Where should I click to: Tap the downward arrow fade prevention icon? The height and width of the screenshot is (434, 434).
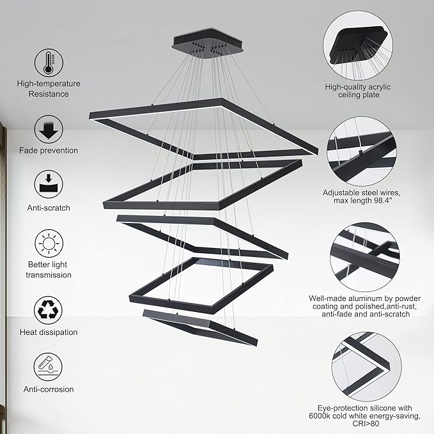tap(49, 128)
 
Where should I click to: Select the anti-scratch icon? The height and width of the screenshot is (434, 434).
tap(49, 184)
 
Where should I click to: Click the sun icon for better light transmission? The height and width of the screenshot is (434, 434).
tap(49, 244)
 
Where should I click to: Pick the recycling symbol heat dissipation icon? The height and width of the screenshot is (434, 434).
tap(49, 309)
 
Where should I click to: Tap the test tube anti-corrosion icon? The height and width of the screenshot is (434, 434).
tap(49, 367)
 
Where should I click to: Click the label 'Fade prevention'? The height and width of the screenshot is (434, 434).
tap(49, 151)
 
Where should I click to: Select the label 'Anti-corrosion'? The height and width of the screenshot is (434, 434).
tap(49, 389)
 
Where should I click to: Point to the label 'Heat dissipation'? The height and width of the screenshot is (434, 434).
tap(49, 332)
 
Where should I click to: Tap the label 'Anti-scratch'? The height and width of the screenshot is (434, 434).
tap(49, 208)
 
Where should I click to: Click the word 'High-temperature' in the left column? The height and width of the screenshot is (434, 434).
tap(49, 84)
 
